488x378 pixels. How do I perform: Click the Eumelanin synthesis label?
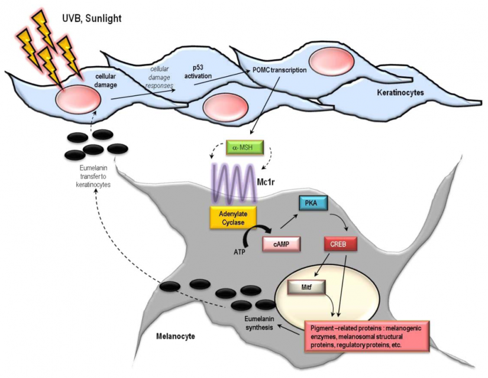pyautogui.click(x=253, y=322)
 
